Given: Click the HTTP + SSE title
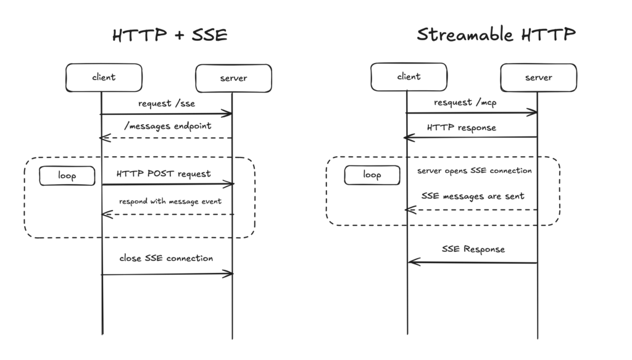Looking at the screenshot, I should pos(170,35).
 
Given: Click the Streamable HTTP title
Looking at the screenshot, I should pos(496,34).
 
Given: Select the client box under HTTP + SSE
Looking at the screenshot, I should pos(104,77).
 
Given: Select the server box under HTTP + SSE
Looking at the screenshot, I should pos(233,78).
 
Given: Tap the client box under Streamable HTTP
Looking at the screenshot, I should pos(409,77).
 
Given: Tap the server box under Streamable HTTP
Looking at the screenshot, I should pos(538,77).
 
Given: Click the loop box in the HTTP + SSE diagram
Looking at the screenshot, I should pos(67,176).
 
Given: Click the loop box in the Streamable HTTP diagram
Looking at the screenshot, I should pos(372,175).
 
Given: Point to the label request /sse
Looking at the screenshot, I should pos(167,103).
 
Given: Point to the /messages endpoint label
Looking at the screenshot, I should pos(167,126).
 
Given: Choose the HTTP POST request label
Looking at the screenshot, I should pos(164,174).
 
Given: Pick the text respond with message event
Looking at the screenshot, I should pos(170,201).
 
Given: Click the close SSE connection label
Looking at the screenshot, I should pos(166,258).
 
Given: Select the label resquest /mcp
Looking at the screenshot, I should pos(465,103).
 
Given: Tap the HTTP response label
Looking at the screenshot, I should pos(461,128).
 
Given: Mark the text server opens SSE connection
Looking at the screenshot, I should pos(474,170).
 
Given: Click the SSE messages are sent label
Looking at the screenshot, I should pos(473,196).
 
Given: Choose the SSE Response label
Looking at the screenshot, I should pos(473,249).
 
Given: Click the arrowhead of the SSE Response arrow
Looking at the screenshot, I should pos(412,262).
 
